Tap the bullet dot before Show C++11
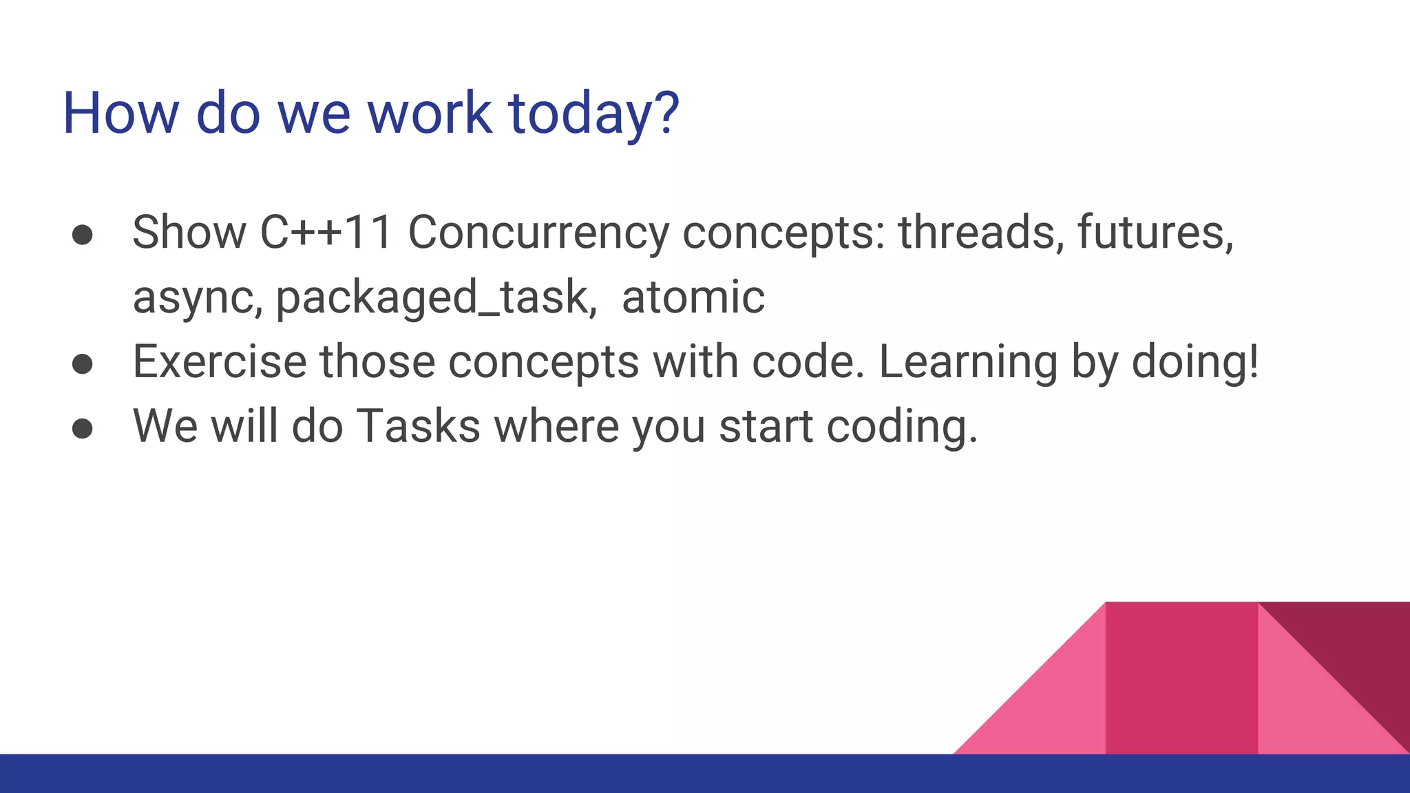(x=83, y=235)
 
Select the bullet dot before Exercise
(x=83, y=364)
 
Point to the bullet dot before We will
(x=83, y=428)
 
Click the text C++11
(x=326, y=233)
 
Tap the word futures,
(x=1155, y=233)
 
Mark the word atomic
(x=693, y=297)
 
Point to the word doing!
(x=1195, y=362)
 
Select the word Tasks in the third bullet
(x=419, y=427)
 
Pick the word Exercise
(x=219, y=362)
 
